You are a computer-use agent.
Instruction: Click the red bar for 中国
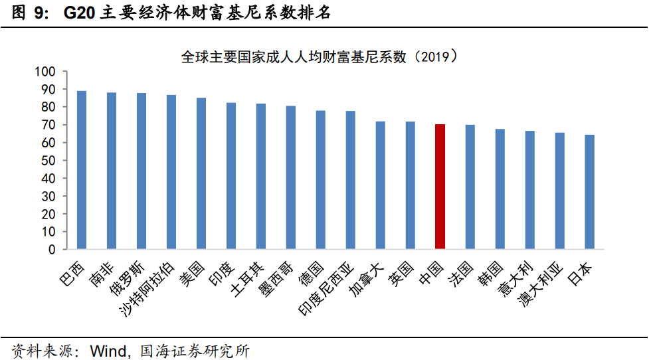(440, 187)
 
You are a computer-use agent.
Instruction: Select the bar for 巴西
(82, 170)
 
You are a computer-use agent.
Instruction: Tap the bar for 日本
(590, 192)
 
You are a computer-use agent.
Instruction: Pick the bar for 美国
(201, 173)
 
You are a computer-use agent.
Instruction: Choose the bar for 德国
(320, 180)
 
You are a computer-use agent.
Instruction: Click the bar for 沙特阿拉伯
(171, 172)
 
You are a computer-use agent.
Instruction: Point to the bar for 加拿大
(380, 185)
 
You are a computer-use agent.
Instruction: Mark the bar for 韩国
(500, 189)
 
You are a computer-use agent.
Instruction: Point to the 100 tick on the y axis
(45, 72)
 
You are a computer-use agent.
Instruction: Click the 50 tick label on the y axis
(48, 160)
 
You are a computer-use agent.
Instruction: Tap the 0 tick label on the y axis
(52, 250)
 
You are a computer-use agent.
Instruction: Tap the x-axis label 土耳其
(247, 278)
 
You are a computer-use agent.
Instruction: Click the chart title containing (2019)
(320, 56)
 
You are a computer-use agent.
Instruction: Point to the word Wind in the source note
(108, 351)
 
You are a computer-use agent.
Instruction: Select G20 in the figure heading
(79, 13)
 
